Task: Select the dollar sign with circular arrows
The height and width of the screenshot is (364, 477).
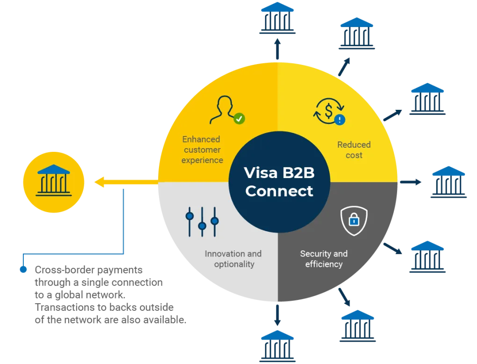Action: pos(328,111)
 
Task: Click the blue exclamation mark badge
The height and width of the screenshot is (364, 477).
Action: pos(340,120)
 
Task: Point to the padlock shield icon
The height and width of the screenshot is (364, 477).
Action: pos(354,221)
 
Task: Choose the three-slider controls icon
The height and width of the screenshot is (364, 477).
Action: pos(202,221)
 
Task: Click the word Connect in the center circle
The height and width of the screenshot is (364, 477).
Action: pos(279,191)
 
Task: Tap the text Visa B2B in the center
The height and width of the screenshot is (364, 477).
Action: pos(279,173)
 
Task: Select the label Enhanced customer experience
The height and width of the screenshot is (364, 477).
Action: pos(202,150)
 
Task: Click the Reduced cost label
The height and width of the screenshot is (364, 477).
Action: pos(354,150)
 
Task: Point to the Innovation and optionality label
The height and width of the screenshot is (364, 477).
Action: pos(233,259)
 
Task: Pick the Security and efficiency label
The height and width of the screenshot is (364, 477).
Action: pos(324,259)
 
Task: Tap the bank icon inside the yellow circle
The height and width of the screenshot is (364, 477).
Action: pos(54,181)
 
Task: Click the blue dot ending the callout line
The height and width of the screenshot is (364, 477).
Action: pos(22,270)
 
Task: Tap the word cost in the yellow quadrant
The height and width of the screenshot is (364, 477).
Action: pos(354,155)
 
